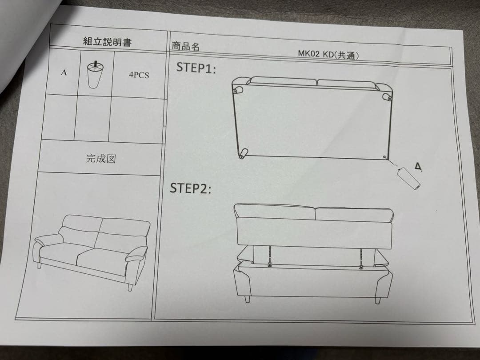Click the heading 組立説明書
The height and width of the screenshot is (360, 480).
(x=107, y=42)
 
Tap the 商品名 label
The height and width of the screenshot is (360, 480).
(x=185, y=46)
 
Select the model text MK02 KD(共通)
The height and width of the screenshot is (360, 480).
(x=328, y=54)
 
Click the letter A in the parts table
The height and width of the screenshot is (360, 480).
(x=64, y=73)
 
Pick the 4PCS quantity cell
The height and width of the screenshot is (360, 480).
(x=139, y=75)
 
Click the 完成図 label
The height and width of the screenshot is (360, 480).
(x=100, y=159)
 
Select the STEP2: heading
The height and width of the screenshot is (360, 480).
(x=190, y=188)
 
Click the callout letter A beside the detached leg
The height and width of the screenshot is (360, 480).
(x=418, y=167)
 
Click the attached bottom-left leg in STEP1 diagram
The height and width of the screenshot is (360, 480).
(x=243, y=154)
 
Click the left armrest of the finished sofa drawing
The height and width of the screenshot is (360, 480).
(x=46, y=243)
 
